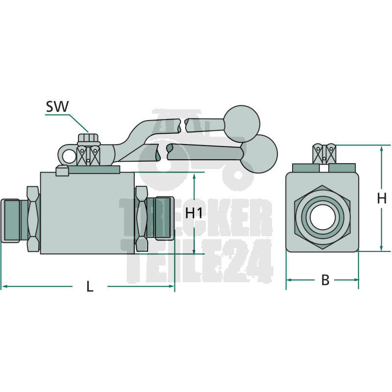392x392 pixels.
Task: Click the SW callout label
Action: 57,106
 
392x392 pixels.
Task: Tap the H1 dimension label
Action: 194,213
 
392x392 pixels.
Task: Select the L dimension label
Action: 90,286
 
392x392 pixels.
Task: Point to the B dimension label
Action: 325,280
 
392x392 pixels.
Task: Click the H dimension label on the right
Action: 382,198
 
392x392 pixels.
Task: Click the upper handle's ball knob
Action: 242,124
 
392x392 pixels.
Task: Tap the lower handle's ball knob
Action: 259,154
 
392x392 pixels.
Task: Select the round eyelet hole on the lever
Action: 69,157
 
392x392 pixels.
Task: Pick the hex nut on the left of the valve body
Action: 33,219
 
